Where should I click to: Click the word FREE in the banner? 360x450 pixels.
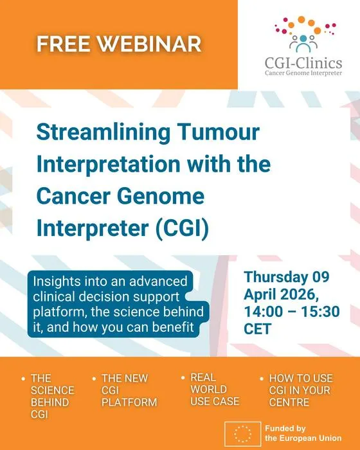click(63, 44)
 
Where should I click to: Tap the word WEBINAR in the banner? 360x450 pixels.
click(148, 44)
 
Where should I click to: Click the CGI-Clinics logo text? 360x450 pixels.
click(303, 63)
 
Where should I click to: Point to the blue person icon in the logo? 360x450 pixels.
click(303, 44)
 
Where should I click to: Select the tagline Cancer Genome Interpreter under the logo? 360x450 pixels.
click(303, 73)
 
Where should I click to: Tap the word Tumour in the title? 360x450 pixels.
click(219, 132)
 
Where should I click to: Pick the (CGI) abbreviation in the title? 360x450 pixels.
click(182, 228)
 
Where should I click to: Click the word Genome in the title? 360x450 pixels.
click(161, 196)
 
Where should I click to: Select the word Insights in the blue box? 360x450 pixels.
click(52, 282)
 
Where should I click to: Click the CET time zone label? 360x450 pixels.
click(258, 328)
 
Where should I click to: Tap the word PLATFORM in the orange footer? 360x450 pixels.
click(129, 402)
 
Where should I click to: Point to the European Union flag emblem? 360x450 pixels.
click(243, 434)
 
